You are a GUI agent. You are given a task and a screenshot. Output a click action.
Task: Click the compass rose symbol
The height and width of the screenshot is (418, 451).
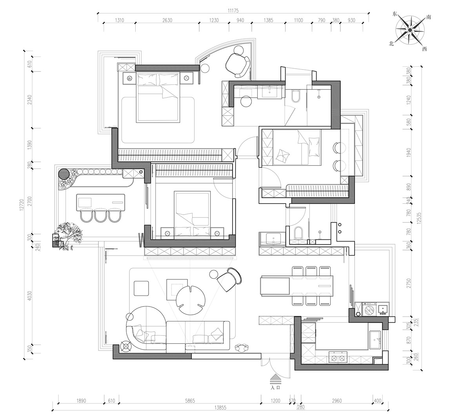point(409,30)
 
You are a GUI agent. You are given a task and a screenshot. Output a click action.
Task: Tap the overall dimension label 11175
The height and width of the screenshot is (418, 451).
point(233,11)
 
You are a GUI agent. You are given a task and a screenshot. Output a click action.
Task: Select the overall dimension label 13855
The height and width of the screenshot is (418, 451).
point(220,407)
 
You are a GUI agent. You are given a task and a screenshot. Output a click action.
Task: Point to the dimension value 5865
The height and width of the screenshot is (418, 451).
point(190,400)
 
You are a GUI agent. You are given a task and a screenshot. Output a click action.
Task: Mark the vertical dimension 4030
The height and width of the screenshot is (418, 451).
point(29,296)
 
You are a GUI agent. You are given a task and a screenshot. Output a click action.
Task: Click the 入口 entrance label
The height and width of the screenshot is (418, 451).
point(276,387)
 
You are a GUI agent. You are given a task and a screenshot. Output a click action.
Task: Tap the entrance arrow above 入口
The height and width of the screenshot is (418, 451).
point(276,379)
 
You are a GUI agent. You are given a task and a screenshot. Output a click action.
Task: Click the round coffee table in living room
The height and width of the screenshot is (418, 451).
point(191,300)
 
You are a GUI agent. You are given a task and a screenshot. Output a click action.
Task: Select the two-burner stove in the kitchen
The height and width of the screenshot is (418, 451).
point(338,358)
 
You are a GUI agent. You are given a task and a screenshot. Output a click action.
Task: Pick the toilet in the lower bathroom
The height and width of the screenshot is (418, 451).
point(299,233)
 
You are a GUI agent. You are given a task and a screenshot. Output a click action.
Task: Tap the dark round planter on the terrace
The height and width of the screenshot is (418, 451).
point(64,174)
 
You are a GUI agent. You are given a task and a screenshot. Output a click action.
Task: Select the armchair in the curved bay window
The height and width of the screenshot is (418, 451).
point(238,65)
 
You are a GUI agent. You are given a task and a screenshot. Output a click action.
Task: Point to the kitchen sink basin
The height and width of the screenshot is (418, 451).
point(375,340)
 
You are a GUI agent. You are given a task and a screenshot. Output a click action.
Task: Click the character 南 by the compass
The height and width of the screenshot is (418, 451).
point(429,17)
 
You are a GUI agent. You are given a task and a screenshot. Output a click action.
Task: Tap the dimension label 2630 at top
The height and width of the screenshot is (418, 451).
point(167,20)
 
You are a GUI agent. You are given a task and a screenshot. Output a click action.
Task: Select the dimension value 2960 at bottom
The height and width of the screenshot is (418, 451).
point(337,400)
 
